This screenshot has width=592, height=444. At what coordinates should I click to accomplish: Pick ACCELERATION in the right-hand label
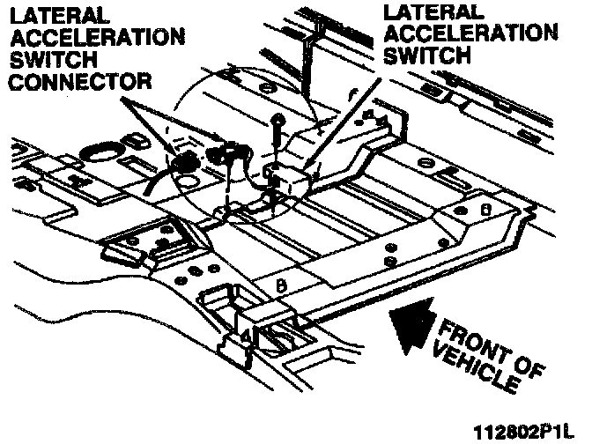coord(471,36)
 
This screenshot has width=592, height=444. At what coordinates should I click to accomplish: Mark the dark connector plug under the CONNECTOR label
coord(188,164)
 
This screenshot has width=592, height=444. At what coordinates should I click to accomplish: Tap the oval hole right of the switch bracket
coord(424,164)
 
